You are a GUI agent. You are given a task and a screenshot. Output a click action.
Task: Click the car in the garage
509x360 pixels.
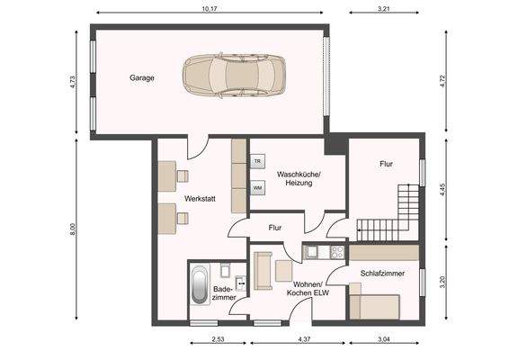pos(234,76)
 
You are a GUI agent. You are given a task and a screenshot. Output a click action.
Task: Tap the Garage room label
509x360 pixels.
pos(142,78)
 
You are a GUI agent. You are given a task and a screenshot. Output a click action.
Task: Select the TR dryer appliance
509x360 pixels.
pos(258,161)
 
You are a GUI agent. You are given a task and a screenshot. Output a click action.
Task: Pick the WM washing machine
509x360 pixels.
pos(258,188)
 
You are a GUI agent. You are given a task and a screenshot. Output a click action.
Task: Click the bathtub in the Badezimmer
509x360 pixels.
pos(200,284)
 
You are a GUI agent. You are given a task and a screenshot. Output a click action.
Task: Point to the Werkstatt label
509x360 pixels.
pos(200,199)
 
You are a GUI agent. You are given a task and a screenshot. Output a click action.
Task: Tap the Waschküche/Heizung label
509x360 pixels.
pos(299,178)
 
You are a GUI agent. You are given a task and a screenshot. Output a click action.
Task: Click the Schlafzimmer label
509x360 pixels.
pos(382,274)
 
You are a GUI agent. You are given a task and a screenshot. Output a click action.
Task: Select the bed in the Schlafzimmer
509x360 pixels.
pos(374,307)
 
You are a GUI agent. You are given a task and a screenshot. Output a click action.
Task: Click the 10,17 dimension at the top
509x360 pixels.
pos(210,9)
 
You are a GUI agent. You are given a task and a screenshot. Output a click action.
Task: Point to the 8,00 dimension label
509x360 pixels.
pos(73,229)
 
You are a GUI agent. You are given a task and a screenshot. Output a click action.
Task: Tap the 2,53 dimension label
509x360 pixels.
pos(219,339)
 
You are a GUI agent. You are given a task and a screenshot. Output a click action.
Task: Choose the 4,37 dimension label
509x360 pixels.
pos(304,339)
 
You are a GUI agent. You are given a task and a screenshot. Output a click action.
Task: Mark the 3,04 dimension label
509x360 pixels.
pos(384,339)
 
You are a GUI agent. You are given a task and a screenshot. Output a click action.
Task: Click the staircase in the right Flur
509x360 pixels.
pos(388,212)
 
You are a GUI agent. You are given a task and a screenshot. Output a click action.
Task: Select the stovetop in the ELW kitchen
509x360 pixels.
pos(337,252)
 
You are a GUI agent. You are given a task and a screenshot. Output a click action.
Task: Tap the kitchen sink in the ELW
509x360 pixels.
pos(312,252)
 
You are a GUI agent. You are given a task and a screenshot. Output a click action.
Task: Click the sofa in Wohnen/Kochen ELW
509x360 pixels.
pos(263,271)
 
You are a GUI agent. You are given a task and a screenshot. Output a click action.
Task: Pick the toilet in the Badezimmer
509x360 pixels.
pos(225,270)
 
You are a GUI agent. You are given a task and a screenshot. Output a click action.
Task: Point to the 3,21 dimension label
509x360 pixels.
pos(384,9)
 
